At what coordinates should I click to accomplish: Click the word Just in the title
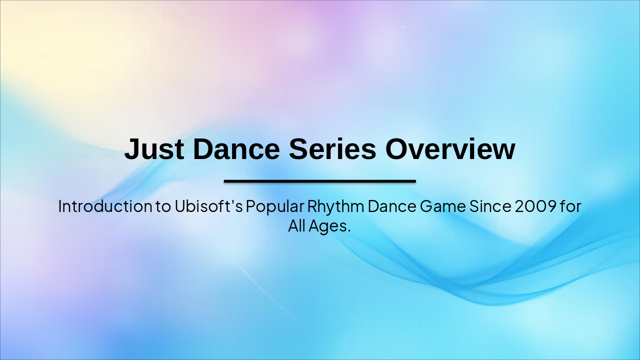point(153,149)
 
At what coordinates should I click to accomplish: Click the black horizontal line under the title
point(320,181)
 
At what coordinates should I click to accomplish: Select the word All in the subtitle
point(296,226)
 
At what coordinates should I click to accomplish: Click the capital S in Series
point(299,149)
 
